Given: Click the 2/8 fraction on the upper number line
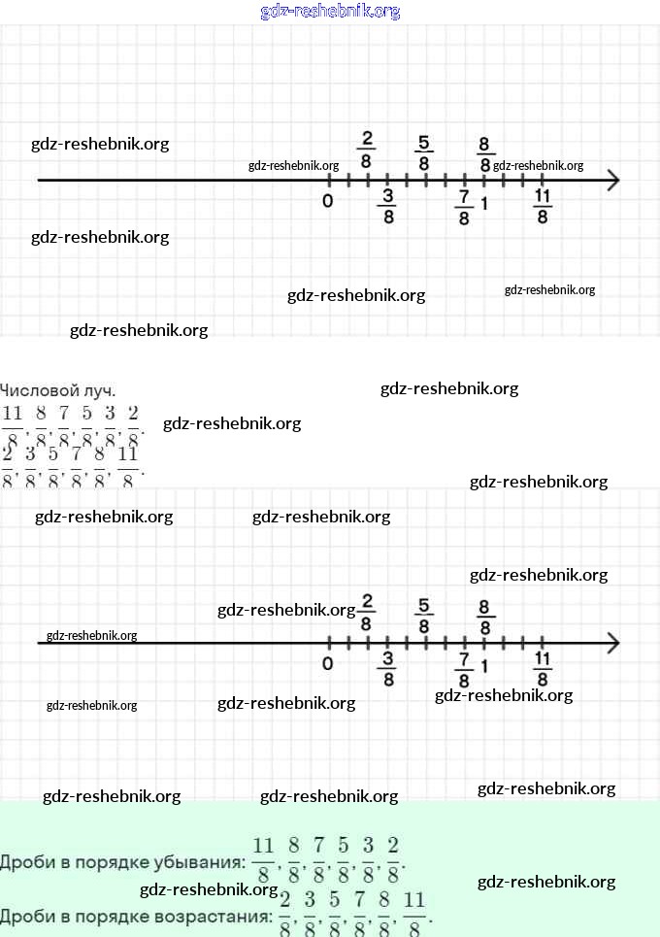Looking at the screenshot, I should click(366, 149).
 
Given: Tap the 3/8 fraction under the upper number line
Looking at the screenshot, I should click(388, 207).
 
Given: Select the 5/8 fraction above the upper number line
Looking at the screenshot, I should click(424, 153).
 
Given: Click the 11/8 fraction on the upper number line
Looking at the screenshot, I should click(543, 207).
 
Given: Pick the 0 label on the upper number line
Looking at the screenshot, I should click(328, 202).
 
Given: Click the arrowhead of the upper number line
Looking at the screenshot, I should click(612, 181).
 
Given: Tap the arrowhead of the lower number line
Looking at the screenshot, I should click(612, 643).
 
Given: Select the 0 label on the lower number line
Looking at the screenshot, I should click(328, 664).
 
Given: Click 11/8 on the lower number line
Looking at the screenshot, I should click(543, 669).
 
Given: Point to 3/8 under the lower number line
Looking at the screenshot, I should click(388, 669).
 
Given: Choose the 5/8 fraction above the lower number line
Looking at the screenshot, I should click(424, 616).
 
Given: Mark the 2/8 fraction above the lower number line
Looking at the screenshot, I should click(366, 611).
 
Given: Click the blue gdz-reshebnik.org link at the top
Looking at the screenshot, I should click(330, 12).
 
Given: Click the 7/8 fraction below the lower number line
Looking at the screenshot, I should click(464, 670).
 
